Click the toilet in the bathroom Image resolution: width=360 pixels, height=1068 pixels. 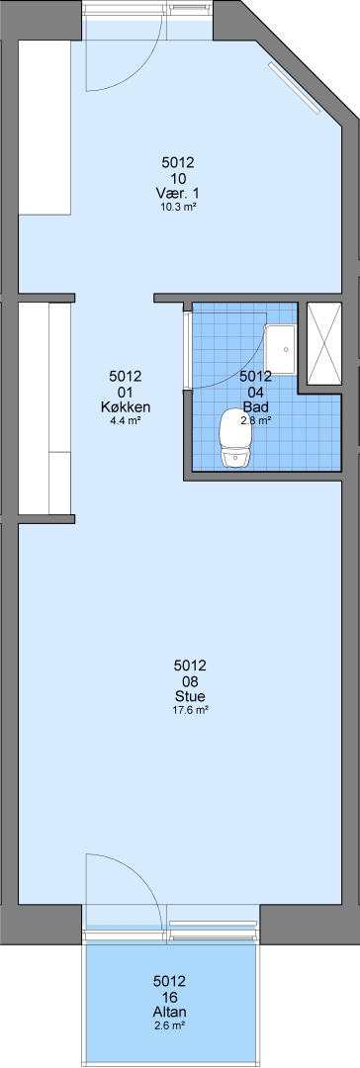click(x=233, y=439)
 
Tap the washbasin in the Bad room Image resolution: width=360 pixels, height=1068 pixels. click(x=281, y=350)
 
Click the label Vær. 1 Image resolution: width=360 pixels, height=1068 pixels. click(x=178, y=194)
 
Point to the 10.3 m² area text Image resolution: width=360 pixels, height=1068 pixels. click(x=178, y=207)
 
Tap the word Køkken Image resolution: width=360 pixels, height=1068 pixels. click(x=126, y=407)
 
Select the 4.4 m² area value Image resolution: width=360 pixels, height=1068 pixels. click(x=126, y=420)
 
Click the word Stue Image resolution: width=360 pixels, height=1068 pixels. click(x=191, y=696)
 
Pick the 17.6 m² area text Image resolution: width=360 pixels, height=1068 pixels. click(x=191, y=710)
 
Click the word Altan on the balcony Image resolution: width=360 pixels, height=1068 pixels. click(x=170, y=1012)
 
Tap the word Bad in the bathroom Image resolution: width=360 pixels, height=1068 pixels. click(x=256, y=407)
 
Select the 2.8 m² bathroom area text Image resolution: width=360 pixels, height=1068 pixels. click(x=256, y=420)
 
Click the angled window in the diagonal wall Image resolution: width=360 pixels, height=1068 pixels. click(x=294, y=88)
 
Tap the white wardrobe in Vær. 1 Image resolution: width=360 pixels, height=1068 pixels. click(x=45, y=128)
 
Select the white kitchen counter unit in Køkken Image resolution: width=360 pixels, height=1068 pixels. click(x=45, y=408)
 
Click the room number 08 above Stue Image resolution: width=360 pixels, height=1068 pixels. click(x=191, y=681)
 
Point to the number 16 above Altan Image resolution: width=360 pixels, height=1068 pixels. click(x=170, y=997)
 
